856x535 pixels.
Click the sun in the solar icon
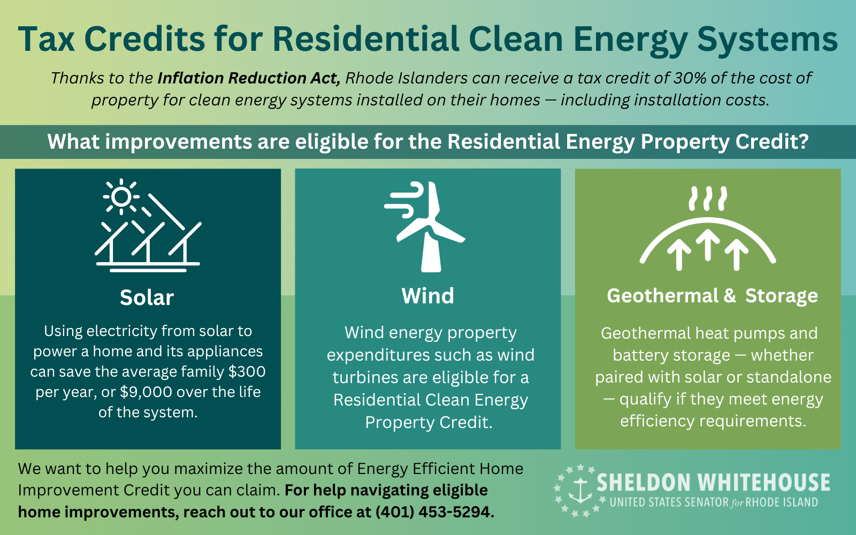point(121,196)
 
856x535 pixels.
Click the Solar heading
point(147,297)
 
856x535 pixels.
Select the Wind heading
point(427,296)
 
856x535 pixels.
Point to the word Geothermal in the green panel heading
point(663,296)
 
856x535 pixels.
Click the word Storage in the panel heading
point(782,296)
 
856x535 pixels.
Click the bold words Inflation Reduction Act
point(249,78)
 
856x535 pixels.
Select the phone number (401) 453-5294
point(435,511)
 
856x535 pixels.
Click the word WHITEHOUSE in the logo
point(764,483)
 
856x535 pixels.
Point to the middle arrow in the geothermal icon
point(708,244)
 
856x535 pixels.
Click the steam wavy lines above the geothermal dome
point(708,198)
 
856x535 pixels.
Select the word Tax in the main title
point(46,39)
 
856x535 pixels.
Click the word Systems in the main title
point(767,40)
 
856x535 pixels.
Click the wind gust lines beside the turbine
point(404,199)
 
